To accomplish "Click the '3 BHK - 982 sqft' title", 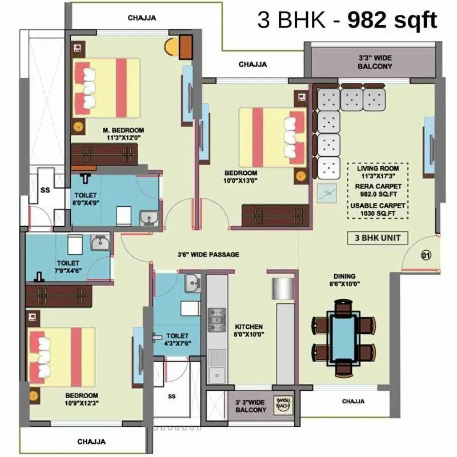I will pos(347,21).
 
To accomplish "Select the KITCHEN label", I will pos(249,327).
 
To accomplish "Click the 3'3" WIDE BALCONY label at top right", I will pos(375,62).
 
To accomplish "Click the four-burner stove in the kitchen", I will pos(217,320).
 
